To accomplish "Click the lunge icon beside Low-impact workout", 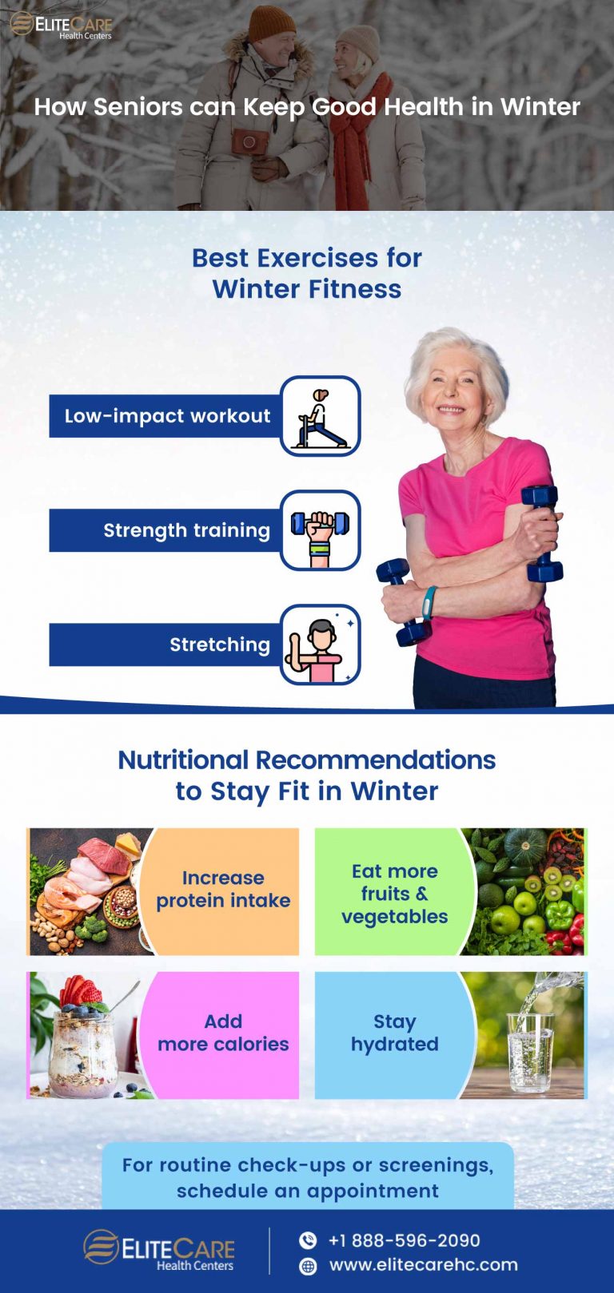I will pos(321,416).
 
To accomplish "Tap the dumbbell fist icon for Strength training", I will pos(321,530).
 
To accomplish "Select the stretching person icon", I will pos(321,645).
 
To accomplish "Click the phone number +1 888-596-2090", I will pos(404,1240).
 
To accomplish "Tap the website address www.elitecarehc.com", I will pos(423,1265).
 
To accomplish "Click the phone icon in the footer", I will pos(308,1240).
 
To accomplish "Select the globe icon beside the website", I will pos(308,1266).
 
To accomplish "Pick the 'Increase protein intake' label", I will pos(223,889).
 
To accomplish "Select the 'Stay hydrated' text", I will pos(394,1033).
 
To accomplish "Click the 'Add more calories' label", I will pos(223,1033).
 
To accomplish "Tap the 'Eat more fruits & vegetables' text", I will pos(394,894).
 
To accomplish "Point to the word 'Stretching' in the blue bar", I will pos(220,645).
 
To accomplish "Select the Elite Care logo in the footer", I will pos(159,1250).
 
